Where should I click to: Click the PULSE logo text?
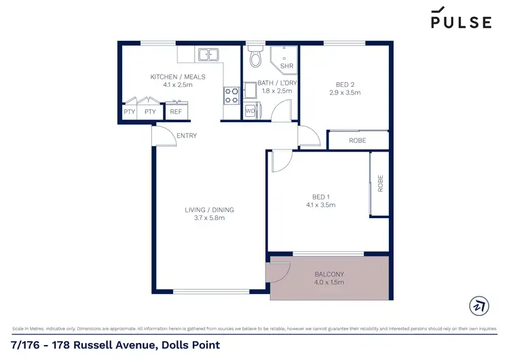click(461, 22)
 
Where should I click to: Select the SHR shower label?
click(286, 66)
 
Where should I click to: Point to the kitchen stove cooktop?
click(231, 94)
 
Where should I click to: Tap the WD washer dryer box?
click(250, 110)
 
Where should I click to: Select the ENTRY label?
click(187, 136)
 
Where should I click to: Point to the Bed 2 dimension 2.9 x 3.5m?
click(345, 92)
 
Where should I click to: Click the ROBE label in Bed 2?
click(358, 141)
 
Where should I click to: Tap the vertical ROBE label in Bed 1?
click(381, 183)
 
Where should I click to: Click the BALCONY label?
click(329, 274)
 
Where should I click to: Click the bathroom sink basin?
click(251, 90)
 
